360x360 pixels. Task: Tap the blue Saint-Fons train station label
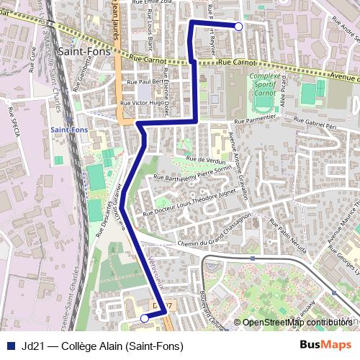tap(69, 129)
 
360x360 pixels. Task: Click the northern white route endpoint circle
tap(238, 27)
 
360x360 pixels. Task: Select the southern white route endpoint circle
tap(144, 318)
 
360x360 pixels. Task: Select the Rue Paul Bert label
tap(141, 82)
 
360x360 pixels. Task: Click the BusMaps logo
tap(325, 346)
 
